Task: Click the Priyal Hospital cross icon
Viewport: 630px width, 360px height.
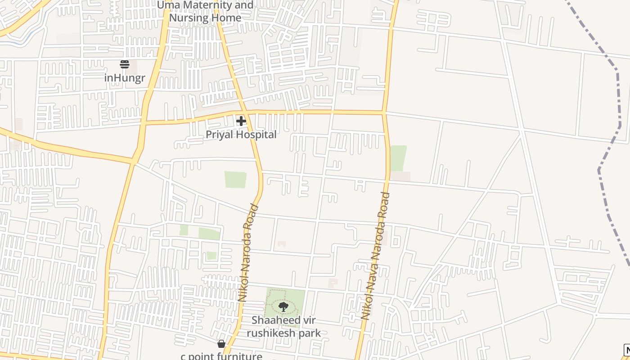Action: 241,121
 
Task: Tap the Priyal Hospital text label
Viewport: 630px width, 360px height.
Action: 241,135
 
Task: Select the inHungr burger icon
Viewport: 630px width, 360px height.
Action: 125,64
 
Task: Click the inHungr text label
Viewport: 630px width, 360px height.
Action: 125,78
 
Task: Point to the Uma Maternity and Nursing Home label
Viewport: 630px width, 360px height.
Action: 205,11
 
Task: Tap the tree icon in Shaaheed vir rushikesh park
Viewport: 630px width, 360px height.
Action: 283,307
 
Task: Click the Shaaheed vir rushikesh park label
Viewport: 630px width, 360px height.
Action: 283,327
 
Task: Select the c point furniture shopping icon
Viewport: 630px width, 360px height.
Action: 221,344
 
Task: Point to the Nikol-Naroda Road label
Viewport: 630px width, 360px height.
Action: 248,253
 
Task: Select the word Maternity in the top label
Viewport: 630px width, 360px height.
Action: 212,5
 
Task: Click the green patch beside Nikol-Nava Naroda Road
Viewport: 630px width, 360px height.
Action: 398,158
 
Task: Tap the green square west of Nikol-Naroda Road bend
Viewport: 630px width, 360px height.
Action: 235,180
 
